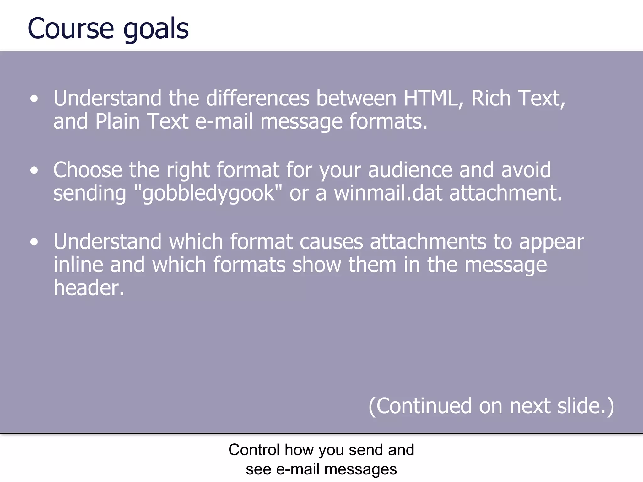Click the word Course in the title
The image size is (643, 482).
71,29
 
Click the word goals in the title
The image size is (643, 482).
156,30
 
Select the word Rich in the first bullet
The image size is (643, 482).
491,99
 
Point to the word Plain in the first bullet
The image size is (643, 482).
117,121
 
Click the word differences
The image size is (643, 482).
257,99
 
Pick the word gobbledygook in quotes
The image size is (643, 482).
208,193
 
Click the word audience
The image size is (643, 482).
410,170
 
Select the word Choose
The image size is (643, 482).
88,170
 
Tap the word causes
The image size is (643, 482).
331,242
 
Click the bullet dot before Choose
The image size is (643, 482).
34,170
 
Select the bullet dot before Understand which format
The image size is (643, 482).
34,242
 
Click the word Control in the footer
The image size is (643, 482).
254,450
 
